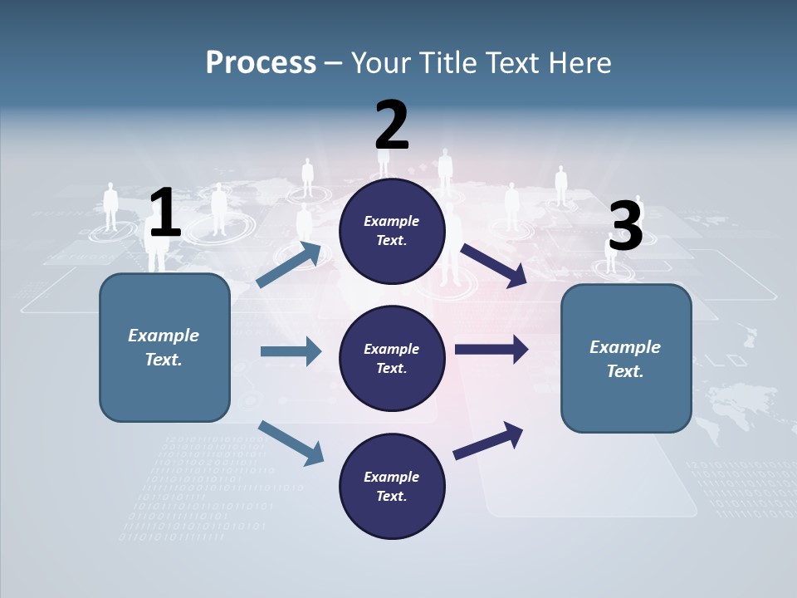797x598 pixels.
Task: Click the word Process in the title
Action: pyautogui.click(x=261, y=62)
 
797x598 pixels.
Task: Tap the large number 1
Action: pyautogui.click(x=164, y=213)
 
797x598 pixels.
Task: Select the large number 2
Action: pyautogui.click(x=392, y=125)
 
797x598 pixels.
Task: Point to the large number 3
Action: pyautogui.click(x=625, y=227)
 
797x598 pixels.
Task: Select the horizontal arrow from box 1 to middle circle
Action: pyautogui.click(x=291, y=351)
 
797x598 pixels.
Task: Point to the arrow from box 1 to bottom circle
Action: pyautogui.click(x=291, y=442)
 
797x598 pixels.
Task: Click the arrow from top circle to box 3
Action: pyautogui.click(x=493, y=266)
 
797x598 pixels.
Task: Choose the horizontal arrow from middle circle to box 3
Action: pyautogui.click(x=491, y=349)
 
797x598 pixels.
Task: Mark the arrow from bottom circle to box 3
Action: pyautogui.click(x=489, y=440)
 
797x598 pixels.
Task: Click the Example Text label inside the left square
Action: pyautogui.click(x=164, y=347)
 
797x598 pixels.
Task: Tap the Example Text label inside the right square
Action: pyautogui.click(x=625, y=359)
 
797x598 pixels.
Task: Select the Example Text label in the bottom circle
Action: pyautogui.click(x=392, y=487)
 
